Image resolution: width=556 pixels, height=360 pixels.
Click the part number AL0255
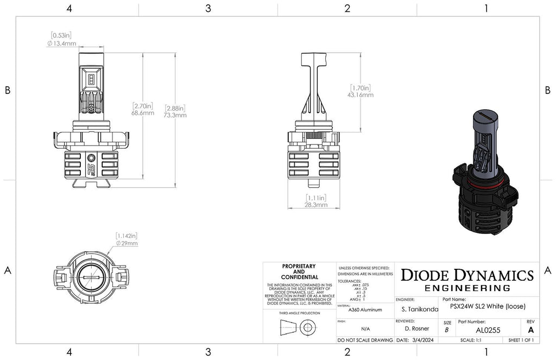pyautogui.click(x=488, y=330)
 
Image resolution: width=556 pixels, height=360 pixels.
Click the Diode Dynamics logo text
pyautogui.click(x=466, y=275)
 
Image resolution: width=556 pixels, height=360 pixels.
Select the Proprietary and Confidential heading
pyautogui.click(x=299, y=272)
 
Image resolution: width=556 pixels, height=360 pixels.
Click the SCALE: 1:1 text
pyautogui.click(x=470, y=340)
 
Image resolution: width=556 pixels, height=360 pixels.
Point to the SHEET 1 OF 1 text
pyautogui.click(x=520, y=340)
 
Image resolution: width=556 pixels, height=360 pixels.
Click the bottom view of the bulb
pyautogui.click(x=91, y=276)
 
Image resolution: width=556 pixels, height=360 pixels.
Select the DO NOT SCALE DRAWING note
pyautogui.click(x=364, y=340)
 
